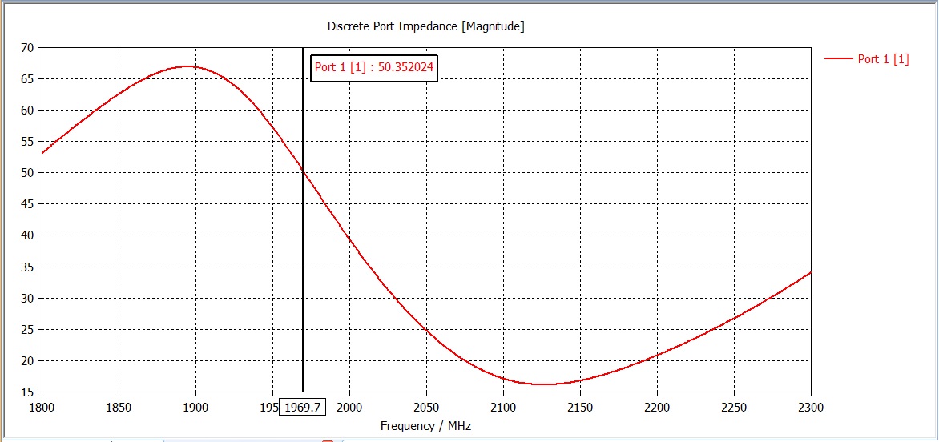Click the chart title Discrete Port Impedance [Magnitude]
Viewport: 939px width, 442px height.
425,26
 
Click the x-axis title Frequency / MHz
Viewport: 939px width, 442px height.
425,426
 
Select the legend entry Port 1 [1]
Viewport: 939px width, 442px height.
883,58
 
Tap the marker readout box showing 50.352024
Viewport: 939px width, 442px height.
374,67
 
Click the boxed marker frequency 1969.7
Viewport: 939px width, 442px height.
302,408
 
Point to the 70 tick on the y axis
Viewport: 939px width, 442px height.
26,48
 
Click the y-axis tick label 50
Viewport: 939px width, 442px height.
26,173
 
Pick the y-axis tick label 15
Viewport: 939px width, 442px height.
26,392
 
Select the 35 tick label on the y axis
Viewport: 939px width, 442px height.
26,267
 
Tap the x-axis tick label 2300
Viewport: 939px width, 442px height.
811,407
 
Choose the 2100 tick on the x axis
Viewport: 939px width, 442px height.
503,407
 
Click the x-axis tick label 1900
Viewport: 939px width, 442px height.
195,407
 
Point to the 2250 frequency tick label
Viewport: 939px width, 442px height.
734,407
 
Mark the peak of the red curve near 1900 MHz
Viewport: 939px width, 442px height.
188,66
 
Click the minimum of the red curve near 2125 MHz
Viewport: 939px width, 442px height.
543,384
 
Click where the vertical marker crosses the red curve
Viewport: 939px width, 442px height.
303,171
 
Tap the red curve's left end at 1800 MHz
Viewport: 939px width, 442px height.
42,153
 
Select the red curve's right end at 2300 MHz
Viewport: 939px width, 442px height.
811,272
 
